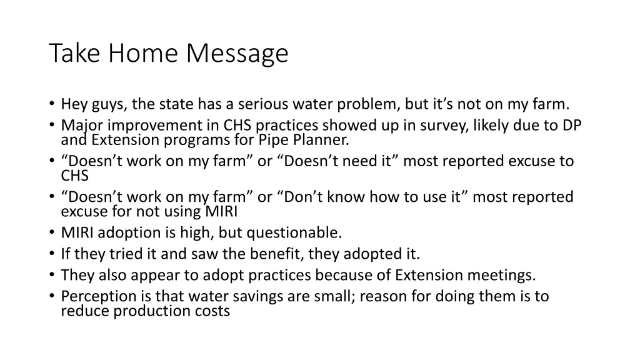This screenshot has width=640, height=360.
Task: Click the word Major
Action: coord(79,126)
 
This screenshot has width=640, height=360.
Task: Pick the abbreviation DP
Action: coord(571,125)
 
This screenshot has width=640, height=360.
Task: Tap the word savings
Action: coord(259,296)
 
